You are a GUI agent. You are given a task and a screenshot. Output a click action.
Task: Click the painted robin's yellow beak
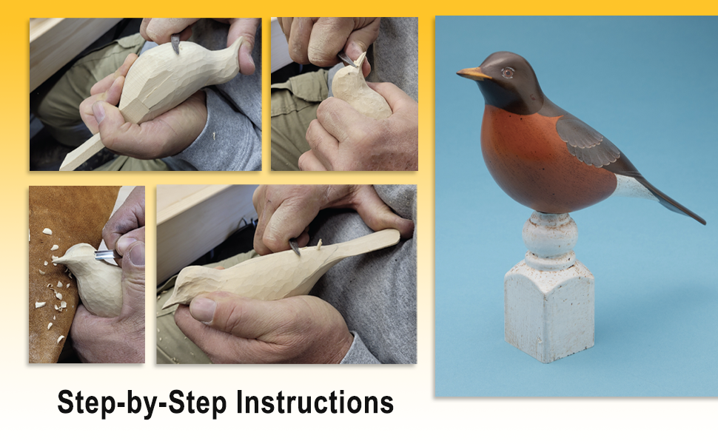coord(472,73)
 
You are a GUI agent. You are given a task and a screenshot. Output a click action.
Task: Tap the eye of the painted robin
coord(507,72)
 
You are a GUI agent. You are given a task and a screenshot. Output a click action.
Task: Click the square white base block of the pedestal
coord(549,314)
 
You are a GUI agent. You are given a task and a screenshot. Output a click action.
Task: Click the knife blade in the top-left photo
coord(175,44)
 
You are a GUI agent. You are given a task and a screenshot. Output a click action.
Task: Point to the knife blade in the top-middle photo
coord(347,58)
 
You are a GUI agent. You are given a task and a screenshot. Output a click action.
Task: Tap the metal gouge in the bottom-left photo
coord(106,255)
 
